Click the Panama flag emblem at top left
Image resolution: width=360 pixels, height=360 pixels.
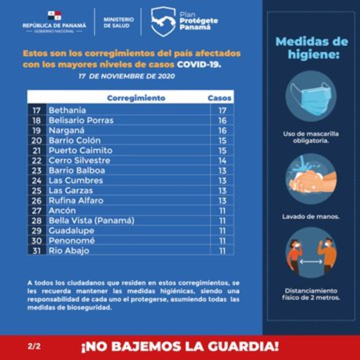54,15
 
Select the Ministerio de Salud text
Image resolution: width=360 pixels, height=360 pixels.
118,22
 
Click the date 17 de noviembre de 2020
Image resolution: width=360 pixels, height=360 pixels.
127,76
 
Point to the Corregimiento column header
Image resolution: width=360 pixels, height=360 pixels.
136,98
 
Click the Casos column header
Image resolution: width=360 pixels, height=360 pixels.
219,98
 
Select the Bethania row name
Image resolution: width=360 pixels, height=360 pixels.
67,110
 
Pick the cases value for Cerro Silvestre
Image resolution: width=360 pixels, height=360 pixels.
222,160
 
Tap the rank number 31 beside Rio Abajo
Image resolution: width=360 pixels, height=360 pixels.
37,251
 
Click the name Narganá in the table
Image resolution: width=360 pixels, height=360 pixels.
66,130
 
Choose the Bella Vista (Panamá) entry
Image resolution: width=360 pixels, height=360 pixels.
91,221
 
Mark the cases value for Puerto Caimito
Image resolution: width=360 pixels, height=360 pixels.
222,151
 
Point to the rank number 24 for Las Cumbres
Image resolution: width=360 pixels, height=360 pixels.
37,181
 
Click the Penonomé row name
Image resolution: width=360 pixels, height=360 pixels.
72,241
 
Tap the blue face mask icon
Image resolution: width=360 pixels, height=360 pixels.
311,96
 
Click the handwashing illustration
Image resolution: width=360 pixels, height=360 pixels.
311,179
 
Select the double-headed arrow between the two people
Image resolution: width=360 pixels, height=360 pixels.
311,262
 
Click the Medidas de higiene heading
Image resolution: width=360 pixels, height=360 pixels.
311,48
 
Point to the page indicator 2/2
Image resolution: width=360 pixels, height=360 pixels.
34,346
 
